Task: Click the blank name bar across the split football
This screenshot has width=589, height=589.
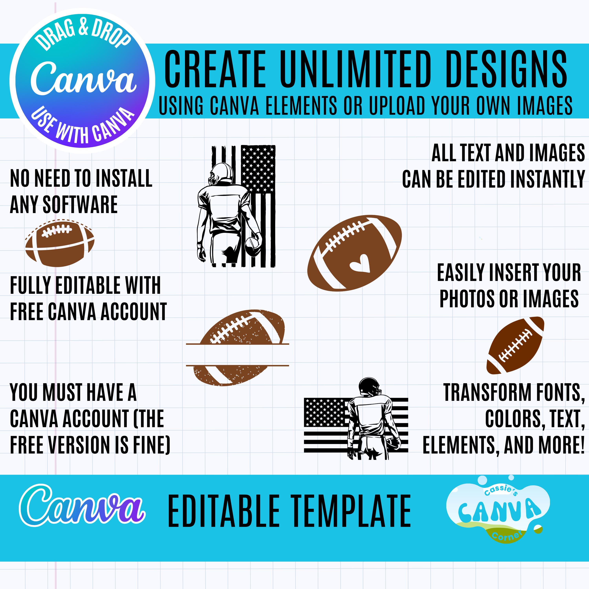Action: coord(238,355)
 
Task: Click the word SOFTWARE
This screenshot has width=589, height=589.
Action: coord(80,205)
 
